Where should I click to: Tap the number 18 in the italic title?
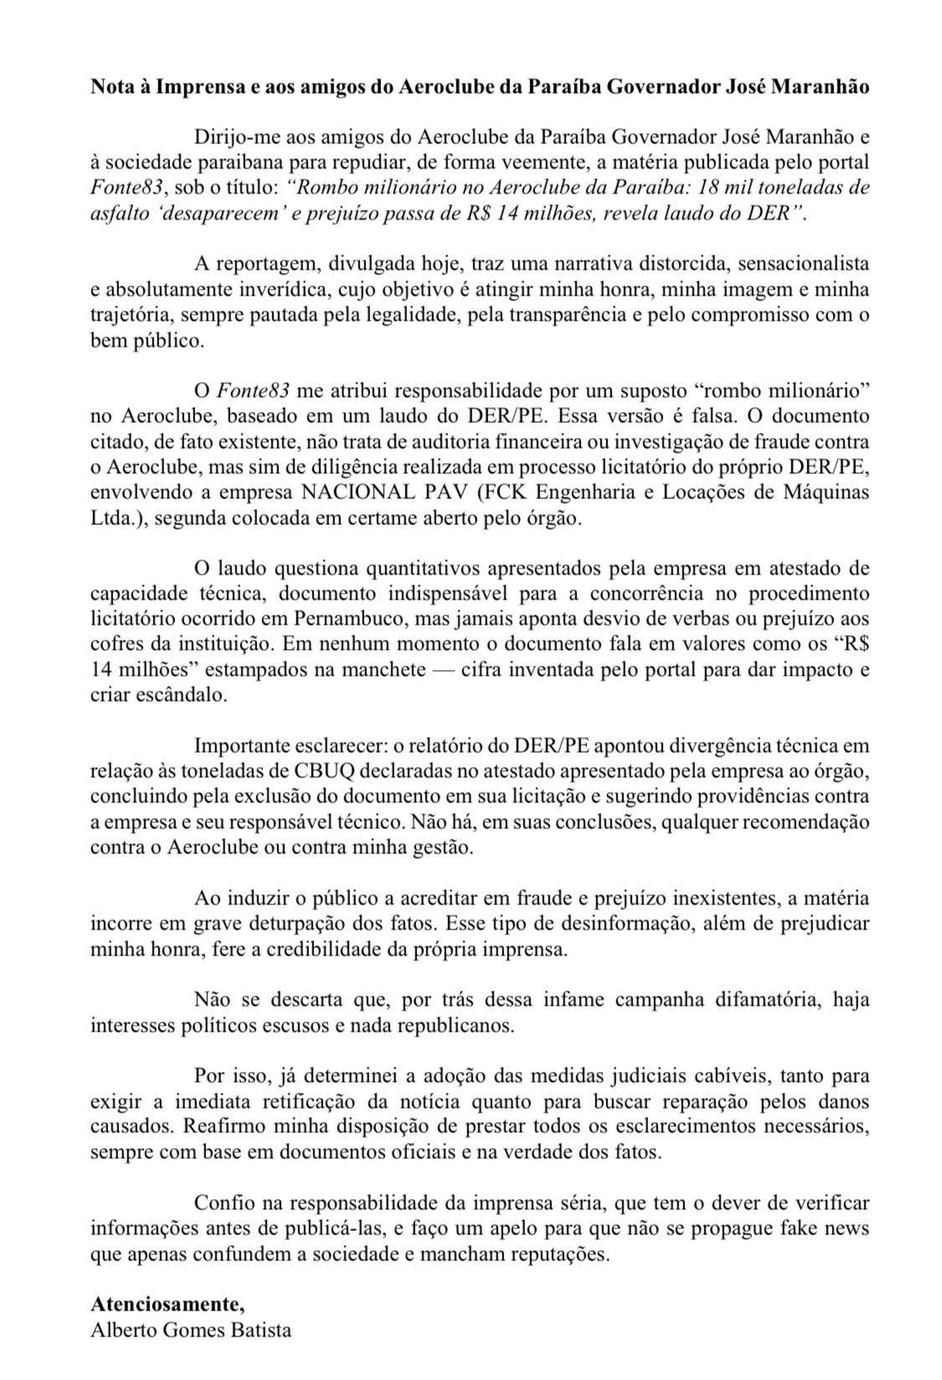click(672, 187)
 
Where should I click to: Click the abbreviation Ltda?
click(112, 517)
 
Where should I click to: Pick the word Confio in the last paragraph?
click(219, 1202)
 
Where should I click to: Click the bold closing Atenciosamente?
click(167, 1305)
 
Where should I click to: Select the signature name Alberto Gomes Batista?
click(191, 1330)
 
